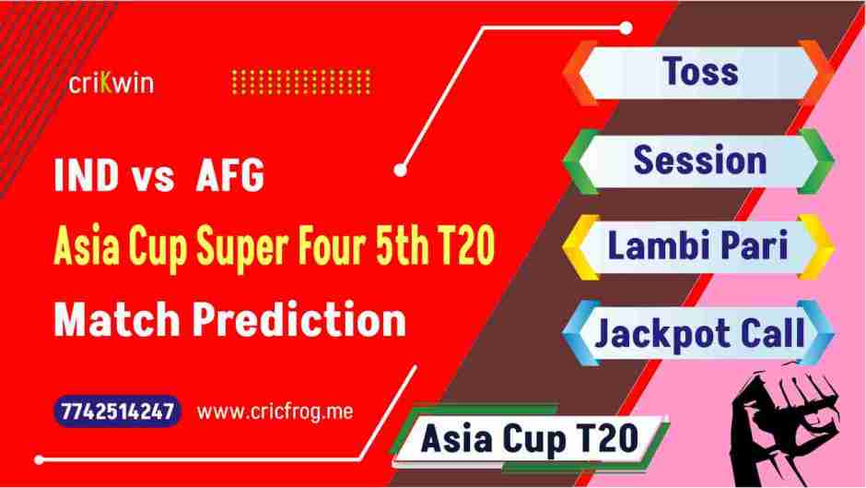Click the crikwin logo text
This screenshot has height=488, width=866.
(111, 83)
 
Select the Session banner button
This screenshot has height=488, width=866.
(699, 160)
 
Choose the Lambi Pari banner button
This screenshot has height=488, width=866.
(699, 246)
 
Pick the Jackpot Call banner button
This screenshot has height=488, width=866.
(699, 333)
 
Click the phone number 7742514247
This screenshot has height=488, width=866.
(116, 412)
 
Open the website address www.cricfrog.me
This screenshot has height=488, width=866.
(275, 412)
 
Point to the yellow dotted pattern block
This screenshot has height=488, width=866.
(301, 82)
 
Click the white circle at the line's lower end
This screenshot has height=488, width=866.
(402, 168)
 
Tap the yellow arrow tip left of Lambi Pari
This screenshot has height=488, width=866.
(577, 246)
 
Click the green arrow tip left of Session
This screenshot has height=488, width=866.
(577, 160)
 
